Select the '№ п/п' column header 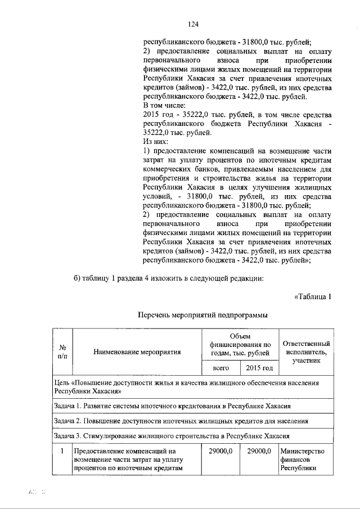point(63,352)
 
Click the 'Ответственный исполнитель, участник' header point(306,352)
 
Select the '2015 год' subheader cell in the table point(259,368)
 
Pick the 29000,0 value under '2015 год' point(259,451)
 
